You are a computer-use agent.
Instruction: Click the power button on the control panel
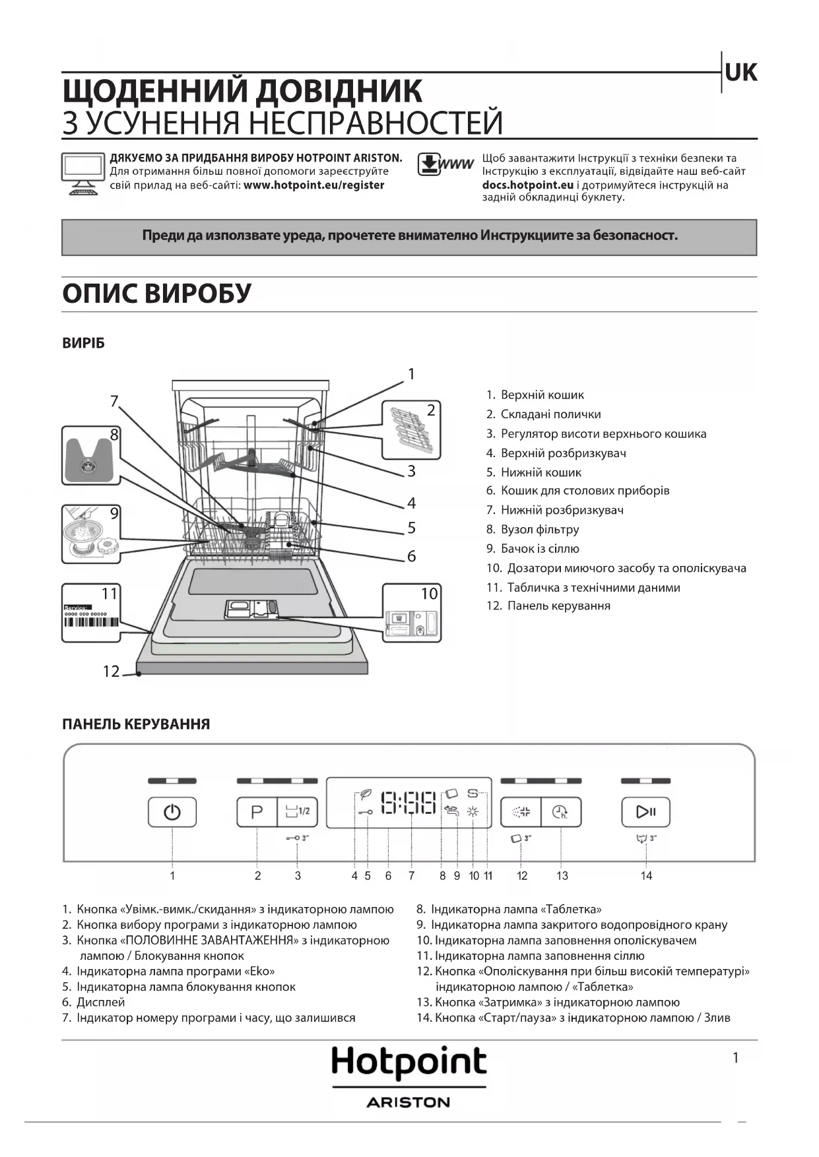172,811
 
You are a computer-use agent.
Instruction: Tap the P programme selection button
257,811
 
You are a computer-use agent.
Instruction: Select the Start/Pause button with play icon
645,811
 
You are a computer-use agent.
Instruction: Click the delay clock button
561,811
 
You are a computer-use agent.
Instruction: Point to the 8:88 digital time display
409,803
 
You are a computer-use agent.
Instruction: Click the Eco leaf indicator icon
365,794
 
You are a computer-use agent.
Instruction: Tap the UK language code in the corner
740,73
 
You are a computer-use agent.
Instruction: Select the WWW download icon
445,165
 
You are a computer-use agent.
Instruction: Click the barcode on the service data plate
91,622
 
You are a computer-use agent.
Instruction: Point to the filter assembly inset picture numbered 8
91,455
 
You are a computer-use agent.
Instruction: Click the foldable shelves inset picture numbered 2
411,429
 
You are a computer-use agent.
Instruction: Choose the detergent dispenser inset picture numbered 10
412,613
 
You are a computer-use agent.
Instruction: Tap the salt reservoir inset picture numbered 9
91,534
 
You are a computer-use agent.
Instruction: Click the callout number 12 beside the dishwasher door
111,672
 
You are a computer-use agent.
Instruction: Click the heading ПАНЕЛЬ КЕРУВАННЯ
136,724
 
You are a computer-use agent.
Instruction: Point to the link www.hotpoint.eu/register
313,185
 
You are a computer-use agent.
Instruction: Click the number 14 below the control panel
646,876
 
